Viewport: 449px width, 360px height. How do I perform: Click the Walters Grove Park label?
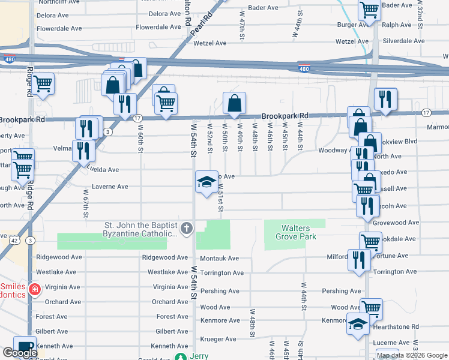pyautogui.click(x=295, y=232)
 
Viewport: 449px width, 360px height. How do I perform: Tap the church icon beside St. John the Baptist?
pyautogui.click(x=187, y=228)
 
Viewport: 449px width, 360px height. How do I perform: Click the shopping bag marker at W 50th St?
pyautogui.click(x=234, y=104)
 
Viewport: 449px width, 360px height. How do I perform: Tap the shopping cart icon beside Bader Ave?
pyautogui.click(x=369, y=10)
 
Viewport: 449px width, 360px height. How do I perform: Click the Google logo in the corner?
pyautogui.click(x=19, y=353)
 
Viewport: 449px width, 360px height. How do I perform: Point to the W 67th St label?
pyautogui.click(x=86, y=203)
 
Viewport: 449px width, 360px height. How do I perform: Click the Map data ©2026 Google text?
pyautogui.click(x=412, y=356)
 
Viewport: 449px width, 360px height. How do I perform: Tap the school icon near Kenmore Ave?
pyautogui.click(x=358, y=324)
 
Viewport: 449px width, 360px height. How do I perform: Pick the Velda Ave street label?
pyautogui.click(x=104, y=170)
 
